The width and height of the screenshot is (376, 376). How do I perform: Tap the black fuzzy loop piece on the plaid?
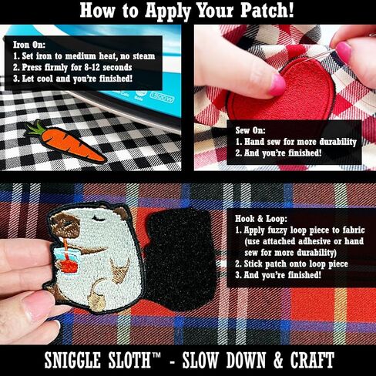coord(180,260)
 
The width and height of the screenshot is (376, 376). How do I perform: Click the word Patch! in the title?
coord(267,11)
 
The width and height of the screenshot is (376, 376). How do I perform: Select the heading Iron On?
coord(29,45)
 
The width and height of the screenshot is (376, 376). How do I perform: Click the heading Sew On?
coord(250,130)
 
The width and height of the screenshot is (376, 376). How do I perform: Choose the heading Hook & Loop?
coord(261,219)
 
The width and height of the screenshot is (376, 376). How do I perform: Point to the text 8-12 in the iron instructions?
coord(92,67)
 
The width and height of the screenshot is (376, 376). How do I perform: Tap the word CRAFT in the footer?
coord(312,360)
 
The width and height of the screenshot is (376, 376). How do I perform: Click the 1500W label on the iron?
coord(163,97)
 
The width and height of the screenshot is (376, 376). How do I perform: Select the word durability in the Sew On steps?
coord(338,142)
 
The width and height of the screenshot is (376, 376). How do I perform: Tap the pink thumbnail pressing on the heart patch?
coord(277,84)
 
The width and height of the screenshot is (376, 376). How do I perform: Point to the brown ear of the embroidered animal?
coord(121,213)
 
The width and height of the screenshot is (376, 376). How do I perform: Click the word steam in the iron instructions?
coord(143,56)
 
